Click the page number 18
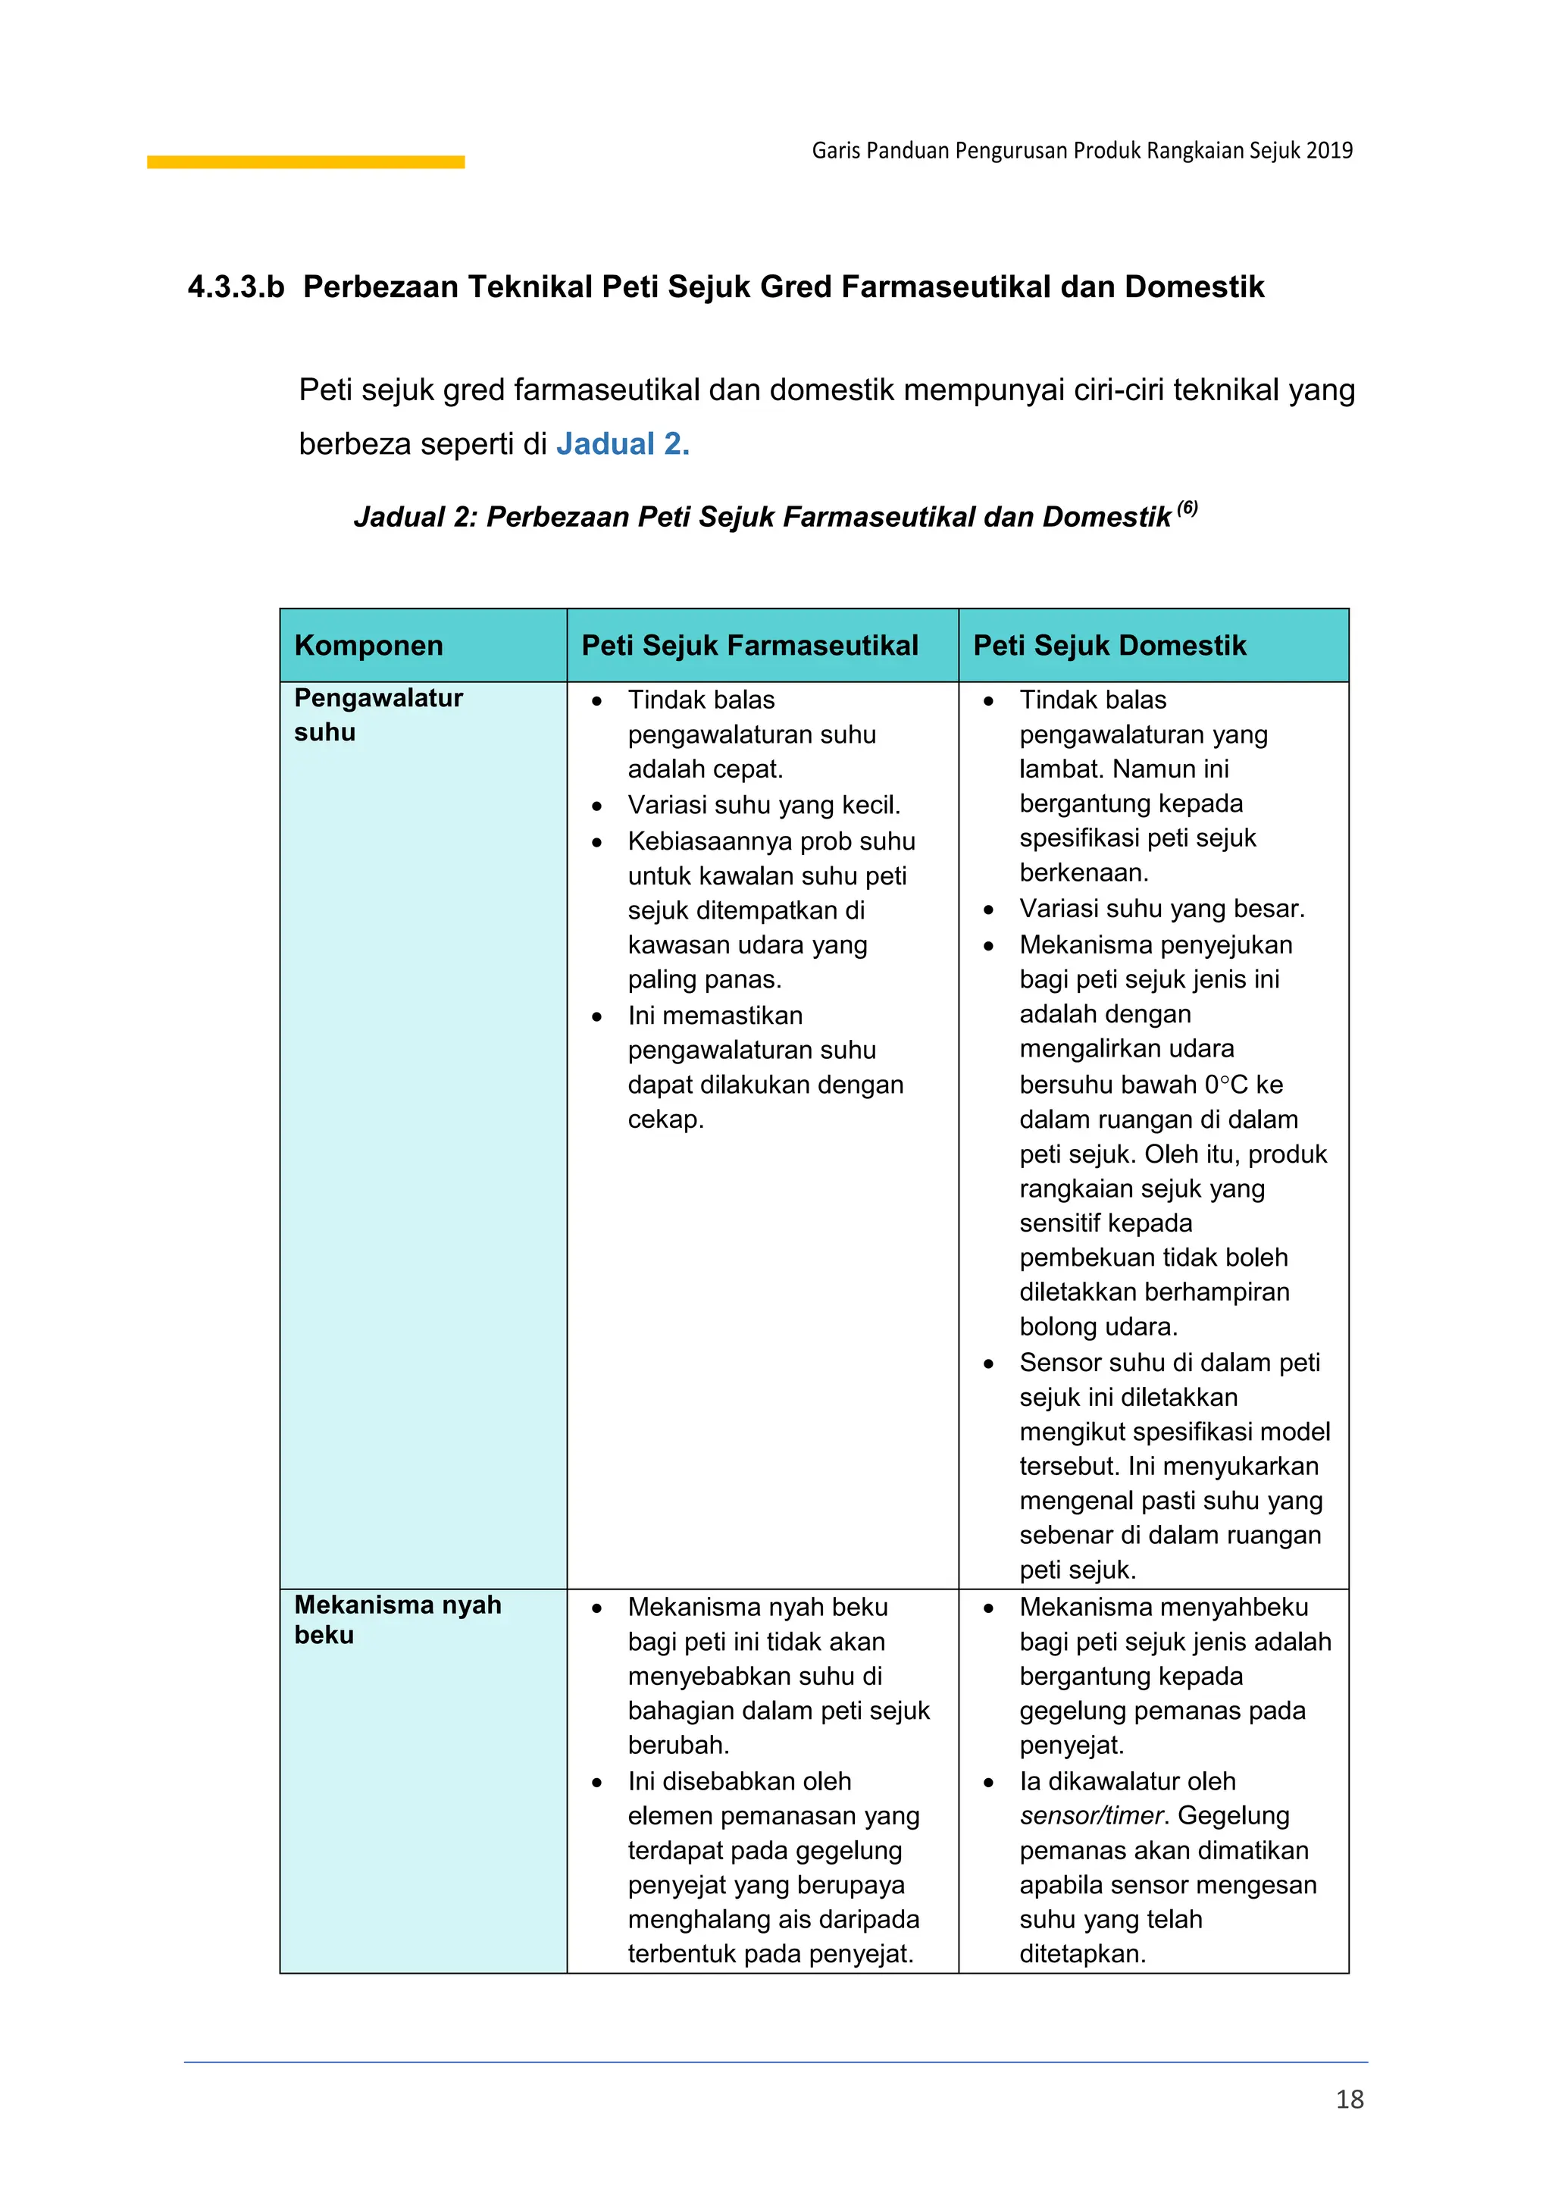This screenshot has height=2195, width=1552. (x=1350, y=2099)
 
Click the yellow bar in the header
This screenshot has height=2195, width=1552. (x=306, y=162)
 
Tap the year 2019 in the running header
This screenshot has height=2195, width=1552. (x=1329, y=150)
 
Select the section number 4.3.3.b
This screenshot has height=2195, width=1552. (x=236, y=287)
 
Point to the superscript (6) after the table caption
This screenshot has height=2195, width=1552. (x=1187, y=508)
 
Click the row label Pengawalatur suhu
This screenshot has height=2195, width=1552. (x=378, y=715)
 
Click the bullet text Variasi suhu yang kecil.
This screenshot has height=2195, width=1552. (x=764, y=805)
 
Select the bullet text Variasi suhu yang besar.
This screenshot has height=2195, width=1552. (x=1161, y=908)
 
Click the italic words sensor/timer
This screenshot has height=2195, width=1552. (x=1091, y=1815)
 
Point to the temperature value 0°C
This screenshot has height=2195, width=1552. (x=1225, y=1084)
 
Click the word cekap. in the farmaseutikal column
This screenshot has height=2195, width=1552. (x=665, y=1119)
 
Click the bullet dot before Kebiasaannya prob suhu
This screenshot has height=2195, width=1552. (x=596, y=843)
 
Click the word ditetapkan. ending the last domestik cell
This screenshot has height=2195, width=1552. (x=1082, y=1953)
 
